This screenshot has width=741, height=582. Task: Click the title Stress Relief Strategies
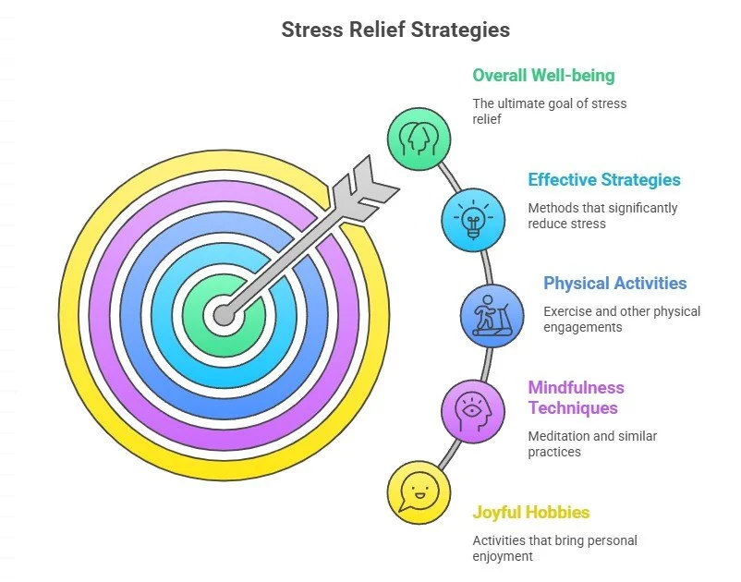[395, 30]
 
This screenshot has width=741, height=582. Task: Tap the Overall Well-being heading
[543, 76]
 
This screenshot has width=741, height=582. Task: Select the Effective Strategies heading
[604, 180]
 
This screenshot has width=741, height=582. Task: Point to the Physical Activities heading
[615, 284]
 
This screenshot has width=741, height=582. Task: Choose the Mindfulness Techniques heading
[577, 397]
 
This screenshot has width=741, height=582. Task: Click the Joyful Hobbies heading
[531, 512]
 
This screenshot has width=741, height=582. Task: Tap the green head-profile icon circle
[418, 139]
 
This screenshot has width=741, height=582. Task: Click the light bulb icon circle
[473, 220]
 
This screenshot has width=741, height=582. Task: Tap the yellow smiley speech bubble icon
[418, 492]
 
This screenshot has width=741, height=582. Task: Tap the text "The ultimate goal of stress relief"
[549, 111]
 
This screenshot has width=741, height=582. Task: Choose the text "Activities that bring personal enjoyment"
[554, 548]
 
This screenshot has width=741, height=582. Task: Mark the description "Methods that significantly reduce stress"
[602, 215]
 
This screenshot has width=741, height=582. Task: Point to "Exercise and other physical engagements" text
[622, 319]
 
